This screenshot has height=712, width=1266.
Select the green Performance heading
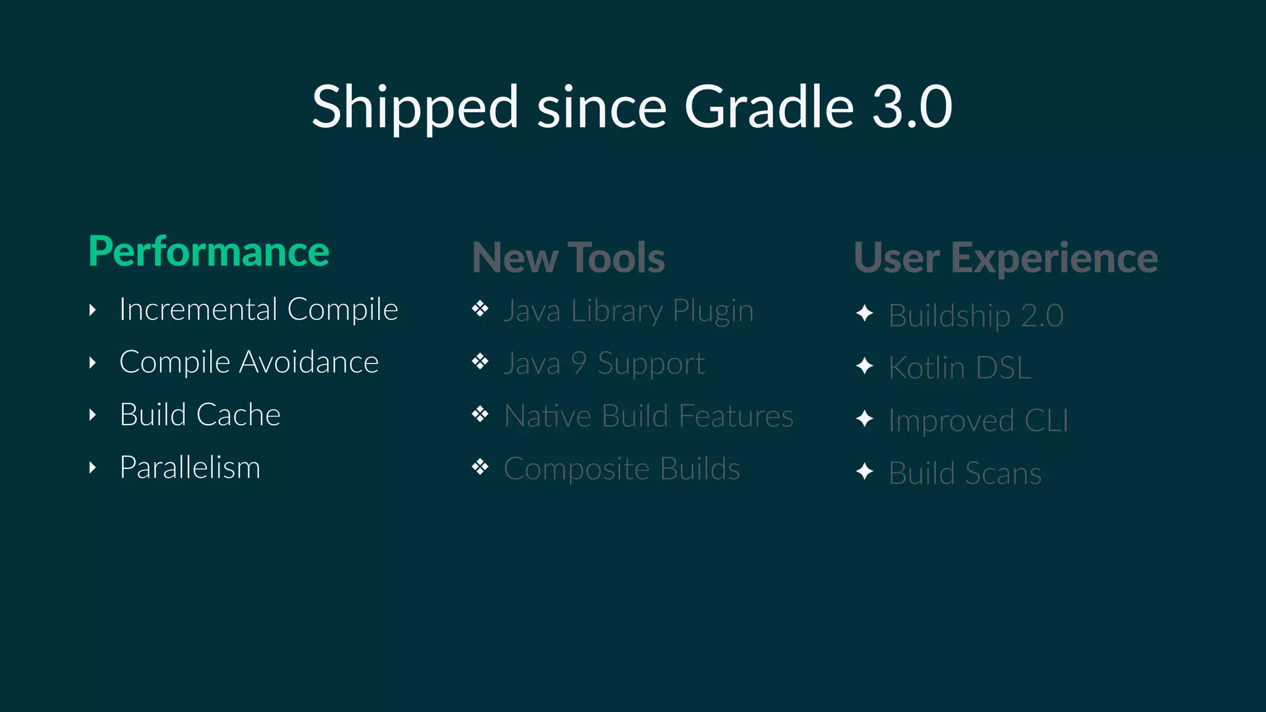pyautogui.click(x=209, y=252)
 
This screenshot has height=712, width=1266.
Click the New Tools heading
pyautogui.click(x=568, y=258)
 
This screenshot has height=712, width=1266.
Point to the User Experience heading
pyautogui.click(x=1006, y=258)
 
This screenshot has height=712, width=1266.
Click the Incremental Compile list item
pyautogui.click(x=258, y=310)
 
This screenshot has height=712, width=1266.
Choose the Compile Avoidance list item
pyautogui.click(x=249, y=362)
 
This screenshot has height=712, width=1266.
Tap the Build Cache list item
pyautogui.click(x=200, y=415)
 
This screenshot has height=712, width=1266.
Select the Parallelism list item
pyautogui.click(x=190, y=467)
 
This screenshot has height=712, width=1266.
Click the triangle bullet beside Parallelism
pyautogui.click(x=93, y=467)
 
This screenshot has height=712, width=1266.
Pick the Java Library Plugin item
pyautogui.click(x=628, y=311)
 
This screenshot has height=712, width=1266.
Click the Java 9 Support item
pyautogui.click(x=604, y=363)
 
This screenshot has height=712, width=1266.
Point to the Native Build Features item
pyautogui.click(x=648, y=416)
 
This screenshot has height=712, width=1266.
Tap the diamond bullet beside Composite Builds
pyautogui.click(x=480, y=467)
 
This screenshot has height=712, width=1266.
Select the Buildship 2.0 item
pyautogui.click(x=975, y=316)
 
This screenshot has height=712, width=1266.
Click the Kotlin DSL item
pyautogui.click(x=959, y=368)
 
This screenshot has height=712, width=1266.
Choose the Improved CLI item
pyautogui.click(x=978, y=421)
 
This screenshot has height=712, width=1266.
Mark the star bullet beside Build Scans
pyautogui.click(x=865, y=472)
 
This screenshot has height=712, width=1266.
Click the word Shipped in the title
pyautogui.click(x=415, y=108)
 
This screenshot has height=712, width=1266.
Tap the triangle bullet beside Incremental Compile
pyautogui.click(x=93, y=310)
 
